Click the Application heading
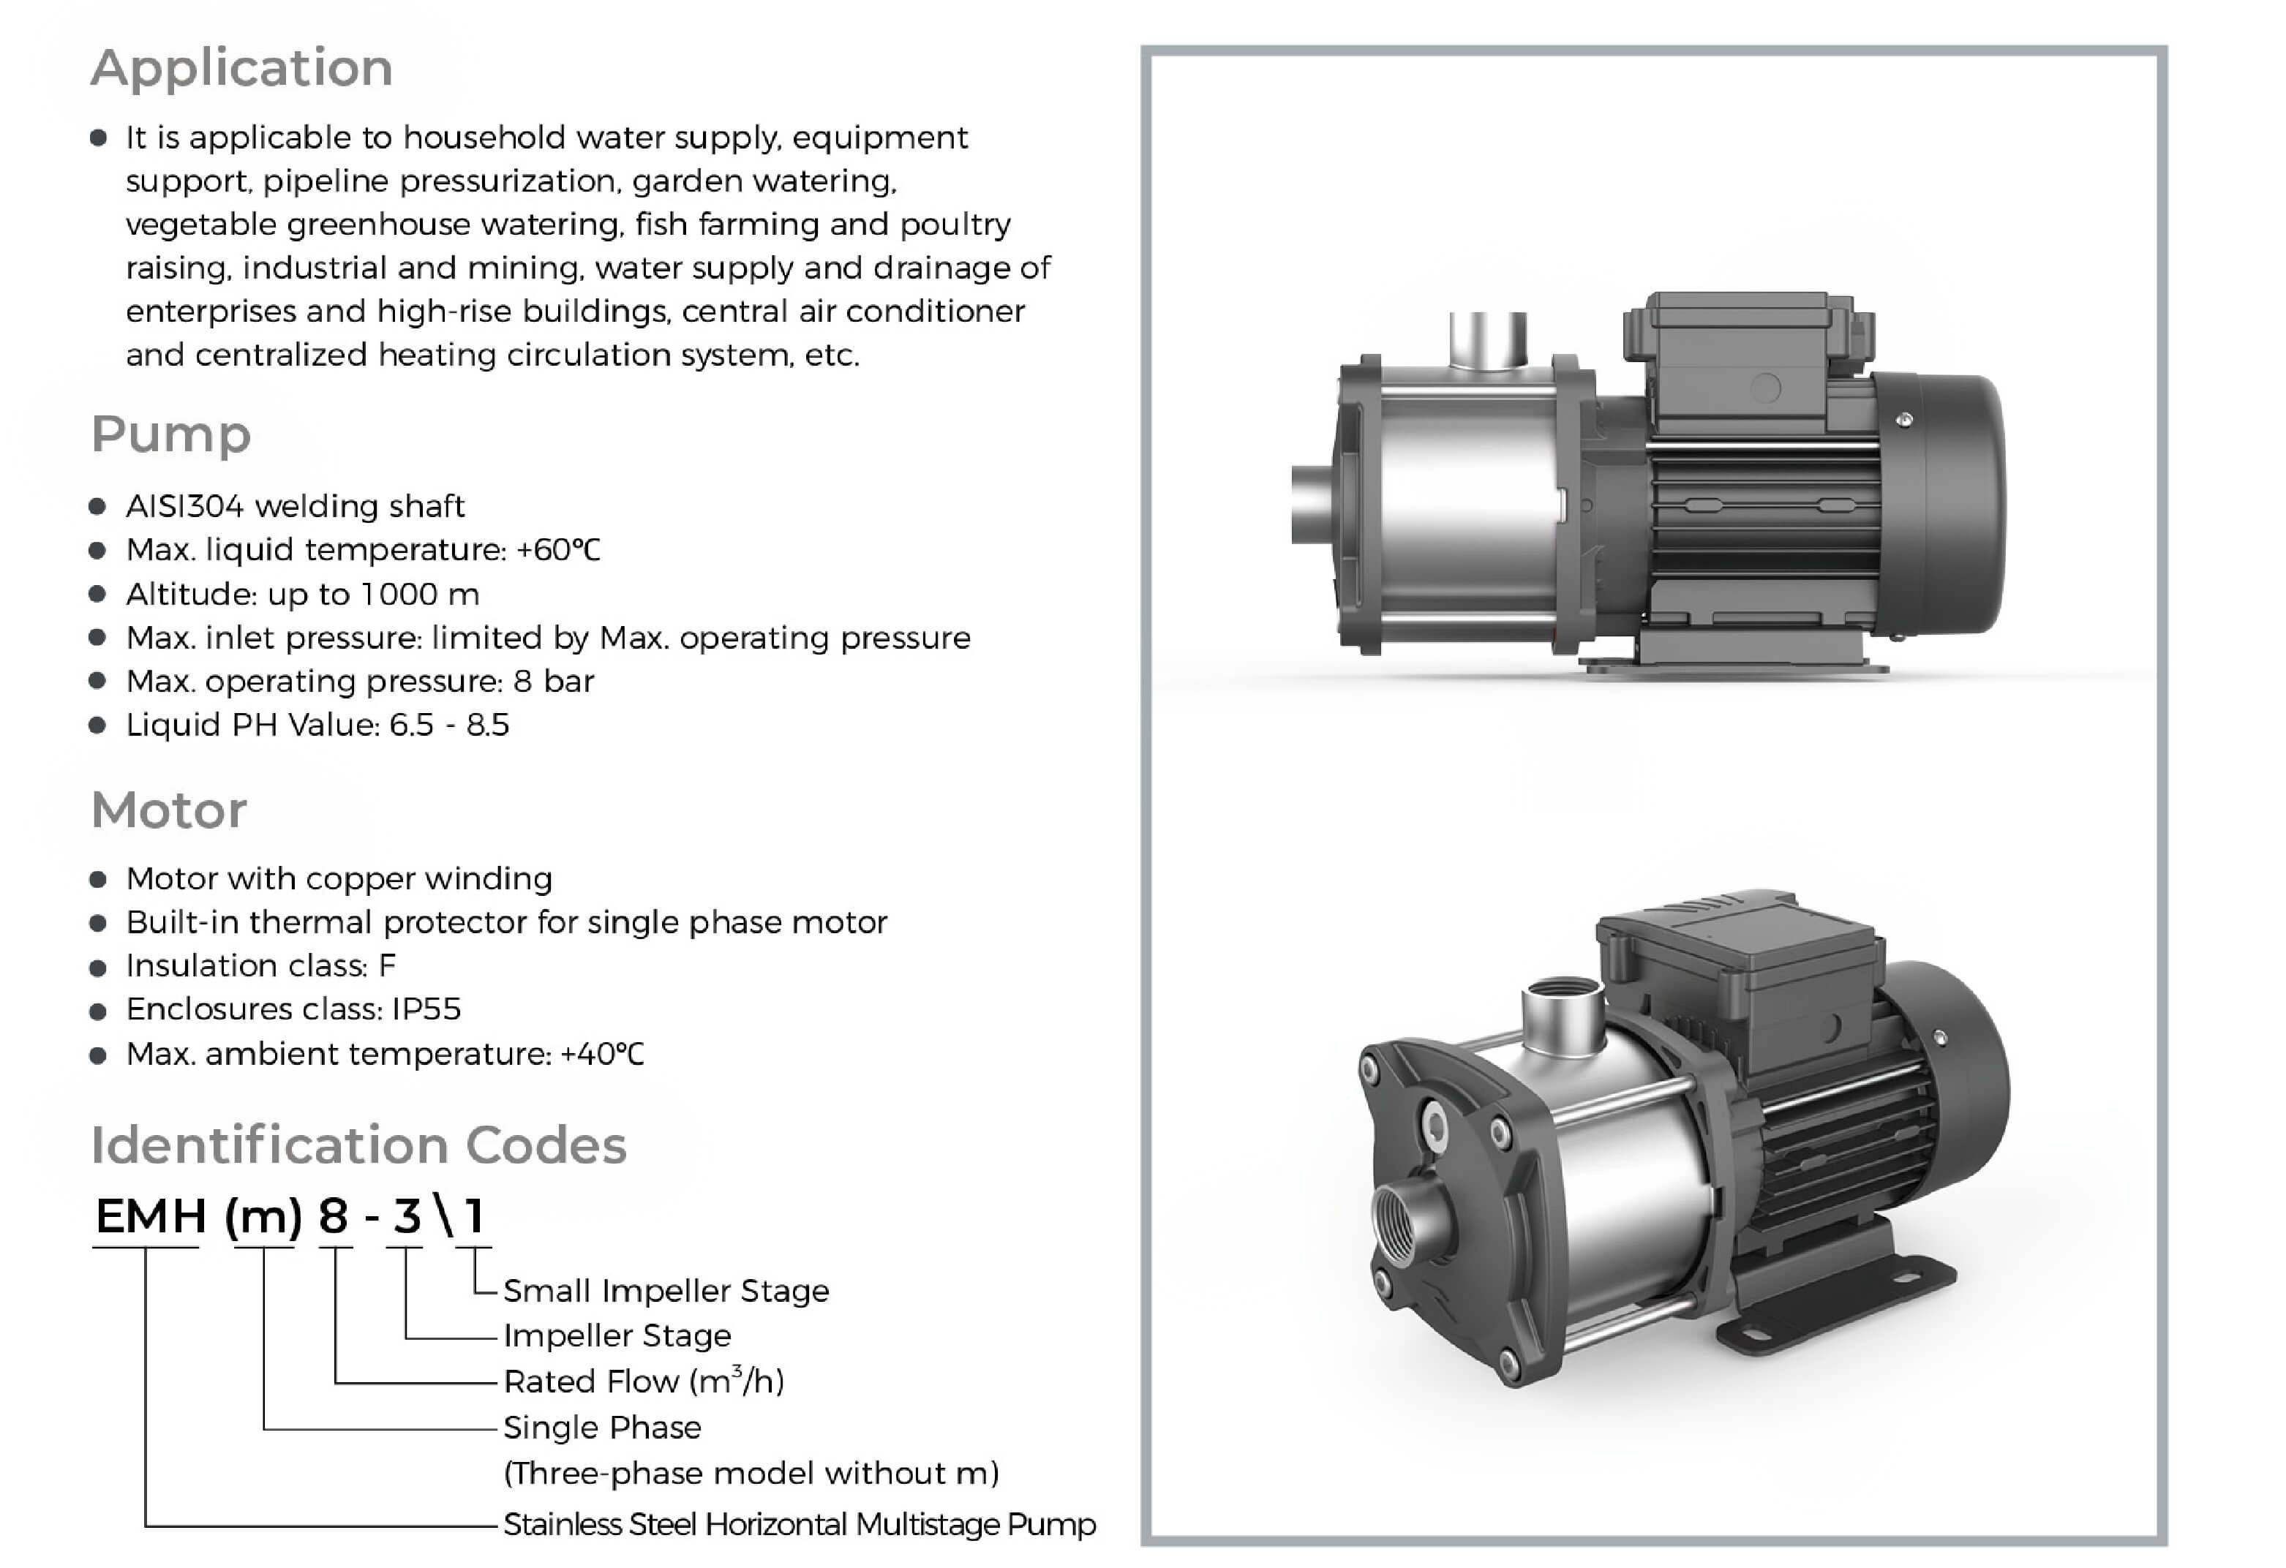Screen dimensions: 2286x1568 point(242,69)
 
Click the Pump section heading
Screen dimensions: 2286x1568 point(171,435)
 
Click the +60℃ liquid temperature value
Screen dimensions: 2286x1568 point(557,549)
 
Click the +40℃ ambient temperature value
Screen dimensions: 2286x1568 point(602,1054)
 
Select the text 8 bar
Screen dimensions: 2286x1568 point(554,681)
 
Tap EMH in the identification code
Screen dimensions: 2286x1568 point(151,1217)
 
